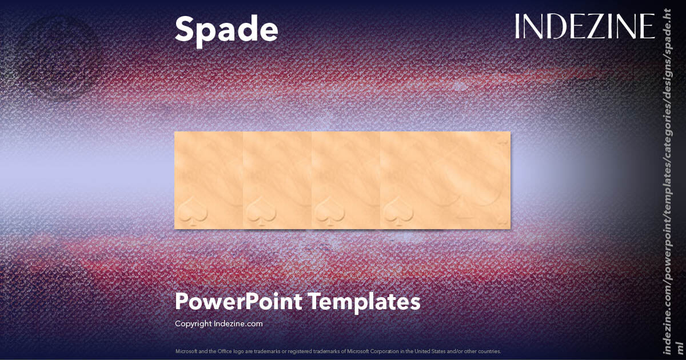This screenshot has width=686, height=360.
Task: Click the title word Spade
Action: coord(226,29)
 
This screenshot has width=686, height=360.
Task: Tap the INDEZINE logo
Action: coord(584,26)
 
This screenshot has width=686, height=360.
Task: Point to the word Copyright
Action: coord(193,323)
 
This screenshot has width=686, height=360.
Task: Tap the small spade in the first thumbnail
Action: coord(191,212)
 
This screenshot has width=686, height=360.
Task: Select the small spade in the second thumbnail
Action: coord(260,212)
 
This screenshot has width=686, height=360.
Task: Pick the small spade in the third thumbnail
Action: coord(328,212)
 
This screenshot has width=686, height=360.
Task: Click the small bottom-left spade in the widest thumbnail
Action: coord(397,212)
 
